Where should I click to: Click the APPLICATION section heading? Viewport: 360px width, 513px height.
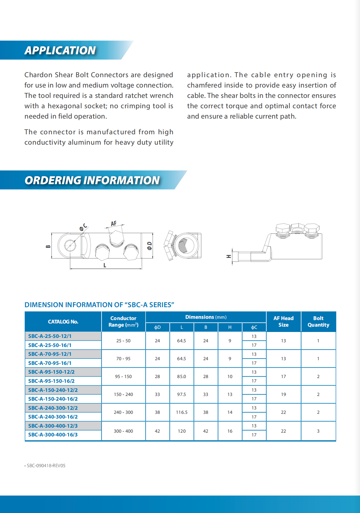(x=60, y=50)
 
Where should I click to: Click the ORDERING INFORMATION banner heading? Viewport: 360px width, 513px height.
(x=92, y=180)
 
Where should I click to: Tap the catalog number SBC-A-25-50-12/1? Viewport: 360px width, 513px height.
(x=50, y=336)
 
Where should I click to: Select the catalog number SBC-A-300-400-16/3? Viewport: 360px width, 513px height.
(x=53, y=435)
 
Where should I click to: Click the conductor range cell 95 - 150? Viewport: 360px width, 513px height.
(x=123, y=377)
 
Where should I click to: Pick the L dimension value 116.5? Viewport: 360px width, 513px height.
(x=182, y=412)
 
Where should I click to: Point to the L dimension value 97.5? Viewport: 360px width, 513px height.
(x=182, y=394)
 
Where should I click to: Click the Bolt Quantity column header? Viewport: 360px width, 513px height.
(x=318, y=322)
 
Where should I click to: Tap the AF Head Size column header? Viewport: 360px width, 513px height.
(x=283, y=322)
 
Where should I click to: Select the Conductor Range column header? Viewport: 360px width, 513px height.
(x=123, y=322)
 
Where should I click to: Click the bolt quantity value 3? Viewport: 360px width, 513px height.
(x=318, y=431)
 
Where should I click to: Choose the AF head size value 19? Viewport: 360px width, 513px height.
(x=283, y=394)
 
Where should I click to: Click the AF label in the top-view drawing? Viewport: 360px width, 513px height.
(x=114, y=224)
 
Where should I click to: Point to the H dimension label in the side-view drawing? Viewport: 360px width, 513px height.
(x=229, y=256)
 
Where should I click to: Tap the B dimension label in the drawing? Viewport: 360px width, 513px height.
(x=48, y=246)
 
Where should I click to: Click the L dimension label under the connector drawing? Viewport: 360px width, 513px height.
(x=105, y=265)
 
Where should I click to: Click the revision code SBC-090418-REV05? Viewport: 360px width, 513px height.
(x=46, y=466)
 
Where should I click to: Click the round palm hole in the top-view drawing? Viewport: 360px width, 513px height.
(x=70, y=245)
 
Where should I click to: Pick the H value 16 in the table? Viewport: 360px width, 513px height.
(x=230, y=431)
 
